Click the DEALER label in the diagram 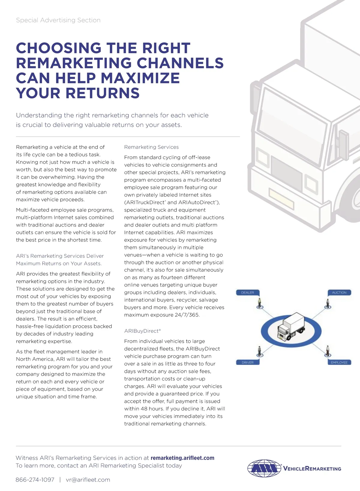tap(247, 293)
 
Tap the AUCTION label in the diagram tap(339, 293)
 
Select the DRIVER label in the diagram tap(247, 362)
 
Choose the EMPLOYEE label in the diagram tap(339, 362)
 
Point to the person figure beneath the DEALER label tap(260, 303)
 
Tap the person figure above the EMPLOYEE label tap(328, 351)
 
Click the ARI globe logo tap(264, 468)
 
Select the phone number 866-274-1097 tap(35, 480)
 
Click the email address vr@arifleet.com tap(88, 480)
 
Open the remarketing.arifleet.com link tap(182, 458)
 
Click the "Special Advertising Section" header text tap(58, 20)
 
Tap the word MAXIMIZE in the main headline tap(140, 78)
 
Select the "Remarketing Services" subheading tap(151, 147)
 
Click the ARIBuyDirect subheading tap(142, 331)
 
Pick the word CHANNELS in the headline tap(180, 63)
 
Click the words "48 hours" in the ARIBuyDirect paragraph tap(151, 409)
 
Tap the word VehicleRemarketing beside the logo tap(312, 469)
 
